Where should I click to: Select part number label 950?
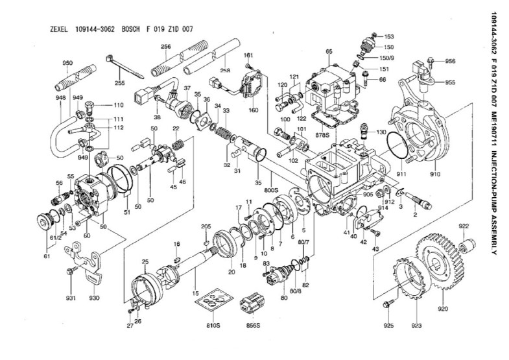[x=67, y=63]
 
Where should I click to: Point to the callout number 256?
[x=166, y=47]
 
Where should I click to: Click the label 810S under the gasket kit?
[x=213, y=322]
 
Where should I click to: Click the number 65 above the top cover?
[x=329, y=51]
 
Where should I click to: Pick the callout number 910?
[x=434, y=174]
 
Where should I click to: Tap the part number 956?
[x=450, y=61]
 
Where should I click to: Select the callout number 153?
[x=389, y=36]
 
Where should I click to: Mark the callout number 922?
[x=464, y=226]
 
